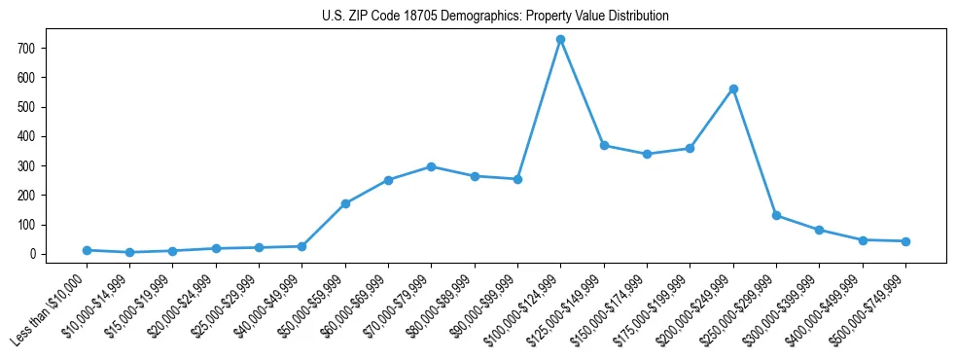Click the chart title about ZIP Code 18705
(x=495, y=17)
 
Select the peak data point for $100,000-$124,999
(x=560, y=39)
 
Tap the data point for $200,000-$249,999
(x=733, y=89)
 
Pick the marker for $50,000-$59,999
(x=345, y=203)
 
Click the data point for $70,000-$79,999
(x=431, y=166)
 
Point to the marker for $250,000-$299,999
(x=776, y=215)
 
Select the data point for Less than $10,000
(x=87, y=250)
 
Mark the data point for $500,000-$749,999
(x=905, y=241)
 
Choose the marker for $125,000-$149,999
(x=604, y=145)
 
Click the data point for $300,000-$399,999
(x=819, y=230)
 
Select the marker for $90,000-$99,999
(x=517, y=179)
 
